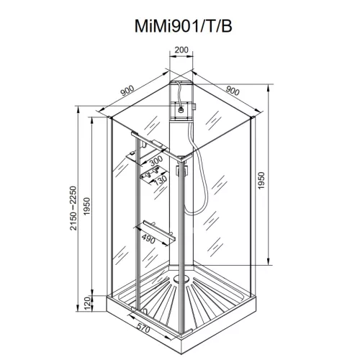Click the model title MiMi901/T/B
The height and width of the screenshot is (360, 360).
(180, 26)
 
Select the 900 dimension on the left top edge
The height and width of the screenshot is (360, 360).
(127, 91)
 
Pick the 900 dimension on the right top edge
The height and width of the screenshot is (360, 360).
(233, 91)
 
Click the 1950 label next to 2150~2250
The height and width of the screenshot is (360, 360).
(86, 209)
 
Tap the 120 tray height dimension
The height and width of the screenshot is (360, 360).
(86, 303)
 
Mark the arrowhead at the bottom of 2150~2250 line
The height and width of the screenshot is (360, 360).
(78, 314)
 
